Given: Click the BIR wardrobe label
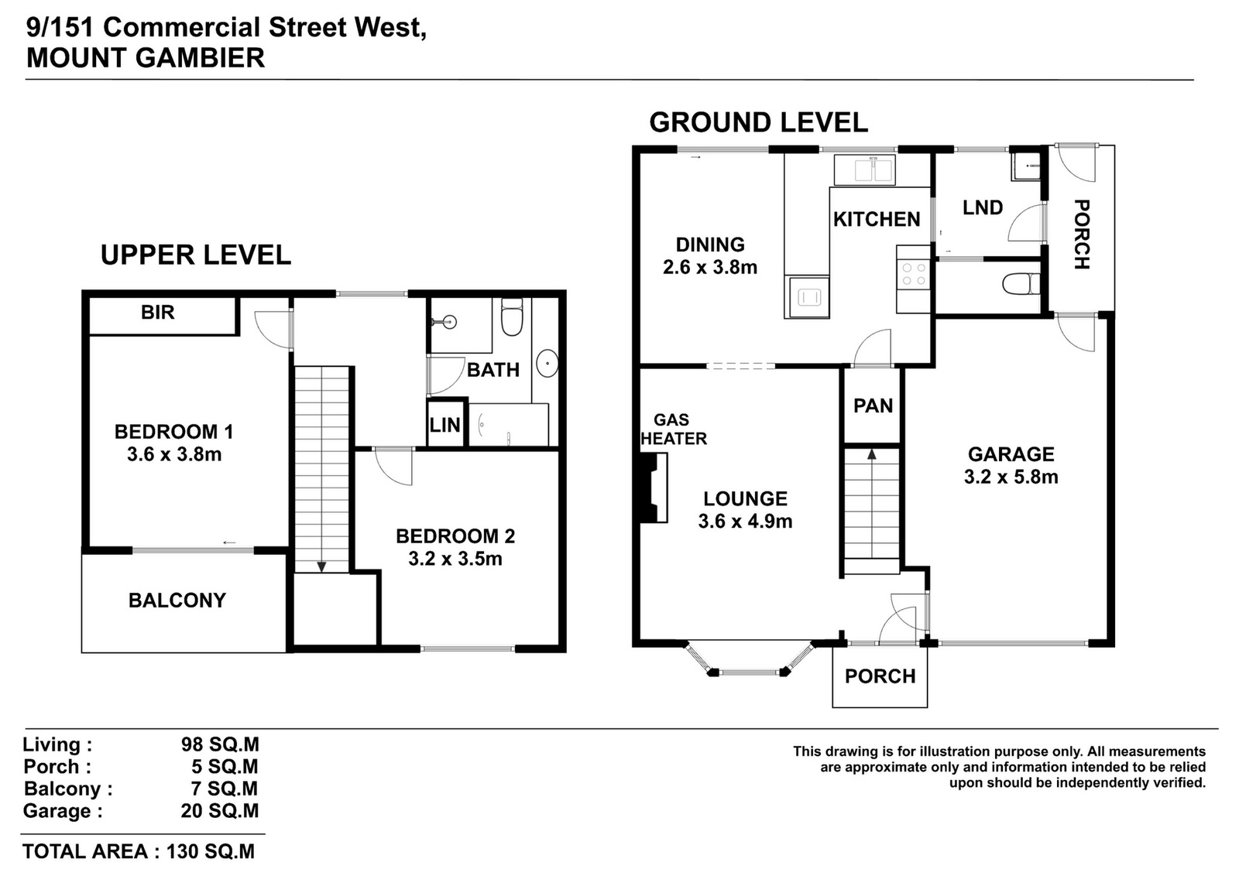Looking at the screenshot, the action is coord(158,313).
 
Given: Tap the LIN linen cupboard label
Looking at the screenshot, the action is coord(444,425).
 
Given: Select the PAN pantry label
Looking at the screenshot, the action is coord(873,405).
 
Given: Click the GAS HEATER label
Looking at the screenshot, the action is coord(673,429).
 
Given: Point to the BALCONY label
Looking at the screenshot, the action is coord(177,601).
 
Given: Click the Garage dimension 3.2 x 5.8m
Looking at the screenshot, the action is coord(1011,477).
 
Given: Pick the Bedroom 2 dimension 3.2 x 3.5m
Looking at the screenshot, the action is coord(455,559).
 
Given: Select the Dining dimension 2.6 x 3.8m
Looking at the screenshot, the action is coord(709,268).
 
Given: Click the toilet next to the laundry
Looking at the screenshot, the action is coord(1021,284).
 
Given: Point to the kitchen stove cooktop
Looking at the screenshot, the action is coord(913,274).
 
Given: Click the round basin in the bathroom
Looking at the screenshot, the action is coord(547,363).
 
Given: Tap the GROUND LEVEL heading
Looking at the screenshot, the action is coord(758,122).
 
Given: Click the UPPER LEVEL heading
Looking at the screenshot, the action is coord(196,255).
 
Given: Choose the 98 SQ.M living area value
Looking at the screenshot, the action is coord(220,744).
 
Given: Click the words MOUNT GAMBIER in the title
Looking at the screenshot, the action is coord(146,58).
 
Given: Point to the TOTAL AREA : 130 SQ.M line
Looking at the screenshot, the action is coord(139,851).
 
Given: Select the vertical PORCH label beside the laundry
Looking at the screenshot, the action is coord(1081,234).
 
